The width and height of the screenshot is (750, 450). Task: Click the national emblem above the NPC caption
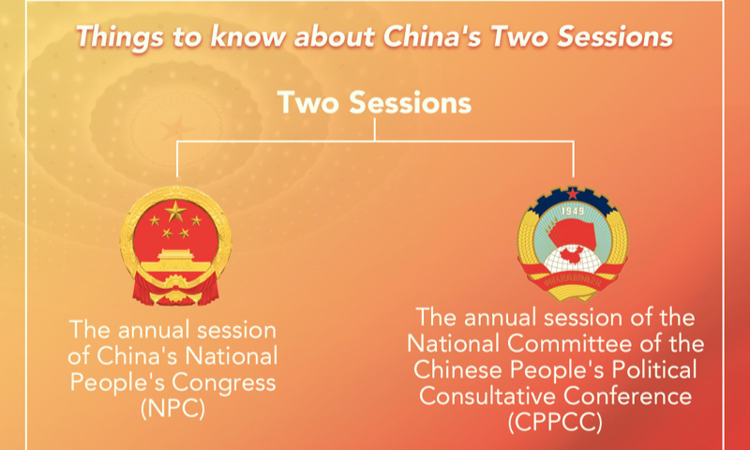point(175,245)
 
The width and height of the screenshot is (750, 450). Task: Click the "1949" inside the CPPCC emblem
point(573,209)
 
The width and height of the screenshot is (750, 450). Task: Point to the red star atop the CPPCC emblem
point(573,192)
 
